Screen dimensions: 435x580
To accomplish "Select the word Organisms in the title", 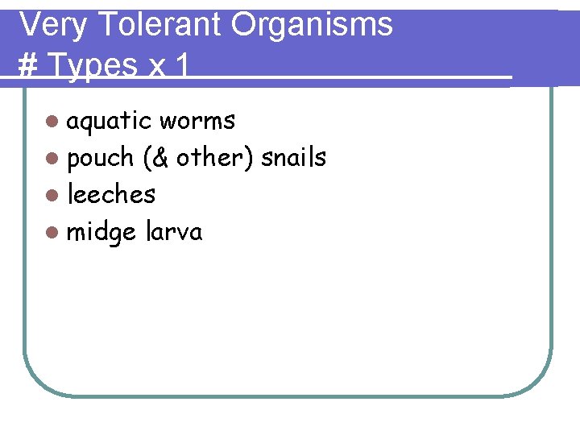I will (312, 25).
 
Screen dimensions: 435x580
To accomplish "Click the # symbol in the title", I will (27, 66).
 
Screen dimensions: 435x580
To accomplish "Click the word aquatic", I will (109, 122).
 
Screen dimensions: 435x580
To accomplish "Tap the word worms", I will (197, 122).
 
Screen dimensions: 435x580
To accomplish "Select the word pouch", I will (100, 159).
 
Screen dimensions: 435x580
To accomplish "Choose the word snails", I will (293, 158).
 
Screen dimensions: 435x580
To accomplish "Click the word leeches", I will (111, 195).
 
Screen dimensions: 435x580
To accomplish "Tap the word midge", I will (101, 233).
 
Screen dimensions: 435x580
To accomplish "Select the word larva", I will (174, 232).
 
